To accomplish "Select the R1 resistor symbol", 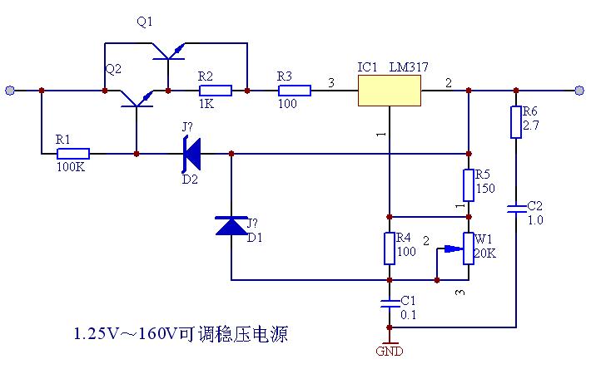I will (x=73, y=154).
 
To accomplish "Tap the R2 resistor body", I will (x=215, y=90).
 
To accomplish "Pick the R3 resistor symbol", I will (x=294, y=90).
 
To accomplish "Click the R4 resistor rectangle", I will (x=389, y=248).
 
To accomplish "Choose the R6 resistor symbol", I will (x=516, y=121).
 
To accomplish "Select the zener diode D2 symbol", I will (x=191, y=154).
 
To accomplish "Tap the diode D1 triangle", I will (x=231, y=224).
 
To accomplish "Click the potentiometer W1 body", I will (x=468, y=248).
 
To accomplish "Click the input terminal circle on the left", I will (x=10, y=90).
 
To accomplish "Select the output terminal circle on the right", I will (x=579, y=90).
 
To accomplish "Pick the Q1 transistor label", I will (x=144, y=22).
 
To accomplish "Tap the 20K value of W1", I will (x=484, y=253).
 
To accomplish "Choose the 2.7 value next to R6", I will (x=531, y=127).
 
